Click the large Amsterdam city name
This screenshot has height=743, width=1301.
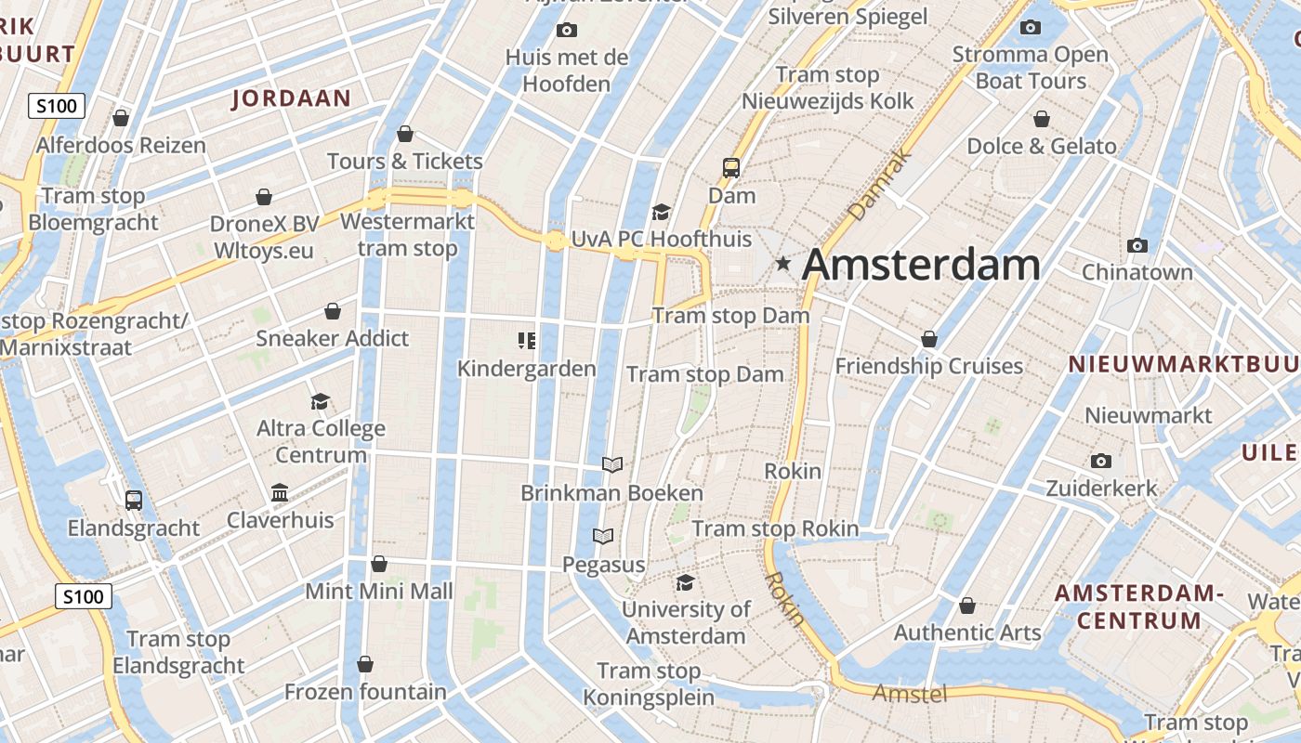921,265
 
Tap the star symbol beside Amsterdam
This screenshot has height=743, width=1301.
783,264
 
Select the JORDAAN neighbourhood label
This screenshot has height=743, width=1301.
291,98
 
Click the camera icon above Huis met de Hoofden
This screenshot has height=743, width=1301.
566,31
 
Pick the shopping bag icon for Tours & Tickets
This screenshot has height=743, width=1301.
404,134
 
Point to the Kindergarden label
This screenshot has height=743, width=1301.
527,369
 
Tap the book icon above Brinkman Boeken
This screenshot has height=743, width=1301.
611,464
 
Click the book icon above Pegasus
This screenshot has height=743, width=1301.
603,536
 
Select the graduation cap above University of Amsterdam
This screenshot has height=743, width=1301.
685,582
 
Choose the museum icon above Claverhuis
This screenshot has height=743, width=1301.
280,492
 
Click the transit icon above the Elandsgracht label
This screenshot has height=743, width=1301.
134,501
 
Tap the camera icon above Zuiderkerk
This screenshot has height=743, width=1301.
1101,461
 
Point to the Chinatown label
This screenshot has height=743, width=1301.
1137,272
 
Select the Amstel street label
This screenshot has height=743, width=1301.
910,693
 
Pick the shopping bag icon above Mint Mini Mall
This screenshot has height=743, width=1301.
379,564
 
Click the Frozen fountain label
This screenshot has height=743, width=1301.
365,692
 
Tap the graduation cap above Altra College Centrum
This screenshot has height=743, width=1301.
321,401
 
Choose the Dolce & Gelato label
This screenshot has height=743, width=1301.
1042,146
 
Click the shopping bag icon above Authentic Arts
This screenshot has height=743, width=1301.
967,606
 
